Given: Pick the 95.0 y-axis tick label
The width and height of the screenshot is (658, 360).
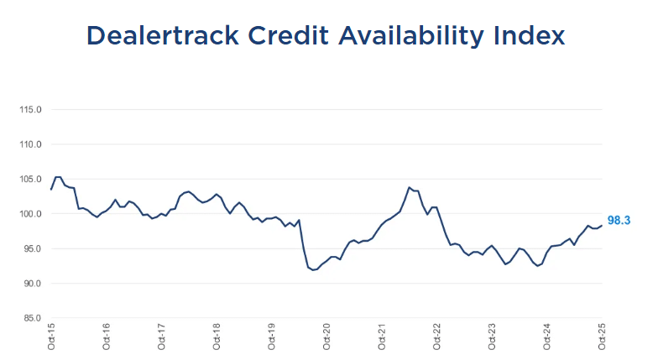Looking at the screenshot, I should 30,248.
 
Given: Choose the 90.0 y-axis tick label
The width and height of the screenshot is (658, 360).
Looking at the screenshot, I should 30,284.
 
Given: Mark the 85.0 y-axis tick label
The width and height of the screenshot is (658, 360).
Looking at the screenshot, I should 30,318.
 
